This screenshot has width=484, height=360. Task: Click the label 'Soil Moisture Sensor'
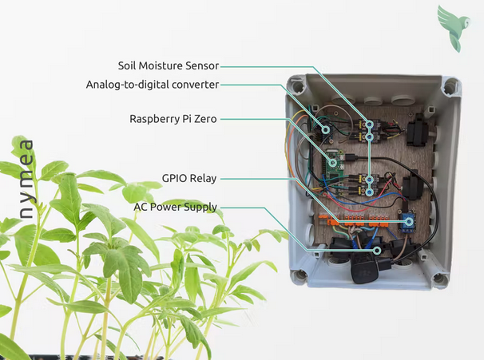pos(168,65)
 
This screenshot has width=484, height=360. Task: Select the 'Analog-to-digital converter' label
pos(152,84)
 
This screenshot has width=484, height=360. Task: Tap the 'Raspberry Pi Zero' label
pos(173,118)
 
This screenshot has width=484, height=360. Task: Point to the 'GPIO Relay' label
pos(188,178)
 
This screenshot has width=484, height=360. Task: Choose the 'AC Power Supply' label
pos(177,208)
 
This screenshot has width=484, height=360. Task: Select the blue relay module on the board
pos(407,224)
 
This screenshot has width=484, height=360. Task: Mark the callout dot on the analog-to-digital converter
pos(325,127)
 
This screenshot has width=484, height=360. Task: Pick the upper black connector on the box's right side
pos(418,131)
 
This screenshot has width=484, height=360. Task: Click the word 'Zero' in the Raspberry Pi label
pos(204,118)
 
